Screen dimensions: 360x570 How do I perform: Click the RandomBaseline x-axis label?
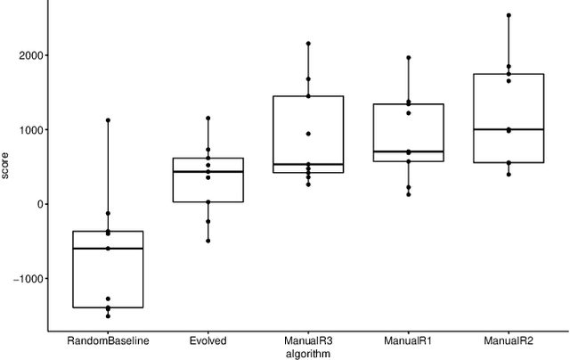109,340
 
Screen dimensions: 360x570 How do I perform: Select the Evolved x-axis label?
208,340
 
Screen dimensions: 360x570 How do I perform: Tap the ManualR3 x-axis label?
308,340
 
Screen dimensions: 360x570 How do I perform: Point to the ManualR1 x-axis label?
409,340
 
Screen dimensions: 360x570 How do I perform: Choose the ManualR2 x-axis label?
509,340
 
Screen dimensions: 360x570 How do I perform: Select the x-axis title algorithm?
308,354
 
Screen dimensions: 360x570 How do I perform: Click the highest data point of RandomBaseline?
109,120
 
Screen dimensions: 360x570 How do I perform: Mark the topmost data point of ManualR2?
509,15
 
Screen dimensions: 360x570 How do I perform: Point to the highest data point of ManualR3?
308,43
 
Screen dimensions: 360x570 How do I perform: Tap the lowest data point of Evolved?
208,241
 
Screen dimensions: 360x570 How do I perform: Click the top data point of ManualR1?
409,58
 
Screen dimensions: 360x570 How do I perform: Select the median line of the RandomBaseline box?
109,249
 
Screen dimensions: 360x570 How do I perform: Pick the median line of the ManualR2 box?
509,129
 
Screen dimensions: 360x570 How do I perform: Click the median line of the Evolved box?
208,171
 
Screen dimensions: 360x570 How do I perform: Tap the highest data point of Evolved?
208,118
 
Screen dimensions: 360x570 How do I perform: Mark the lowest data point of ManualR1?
409,194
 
